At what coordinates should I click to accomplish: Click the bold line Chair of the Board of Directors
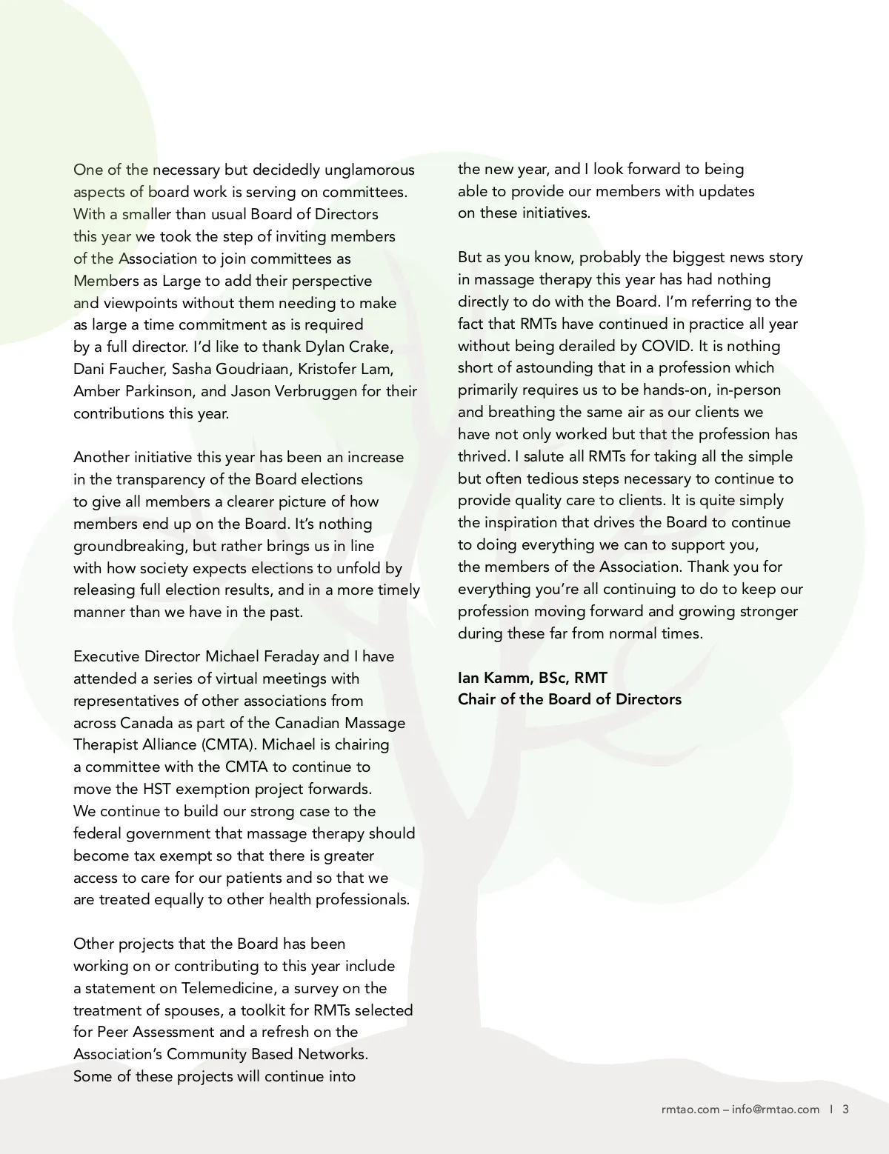click(x=569, y=699)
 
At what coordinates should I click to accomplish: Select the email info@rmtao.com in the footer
click(x=776, y=1109)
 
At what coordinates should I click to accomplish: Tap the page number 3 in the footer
click(x=845, y=1109)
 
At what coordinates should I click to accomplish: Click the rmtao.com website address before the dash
click(x=689, y=1109)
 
